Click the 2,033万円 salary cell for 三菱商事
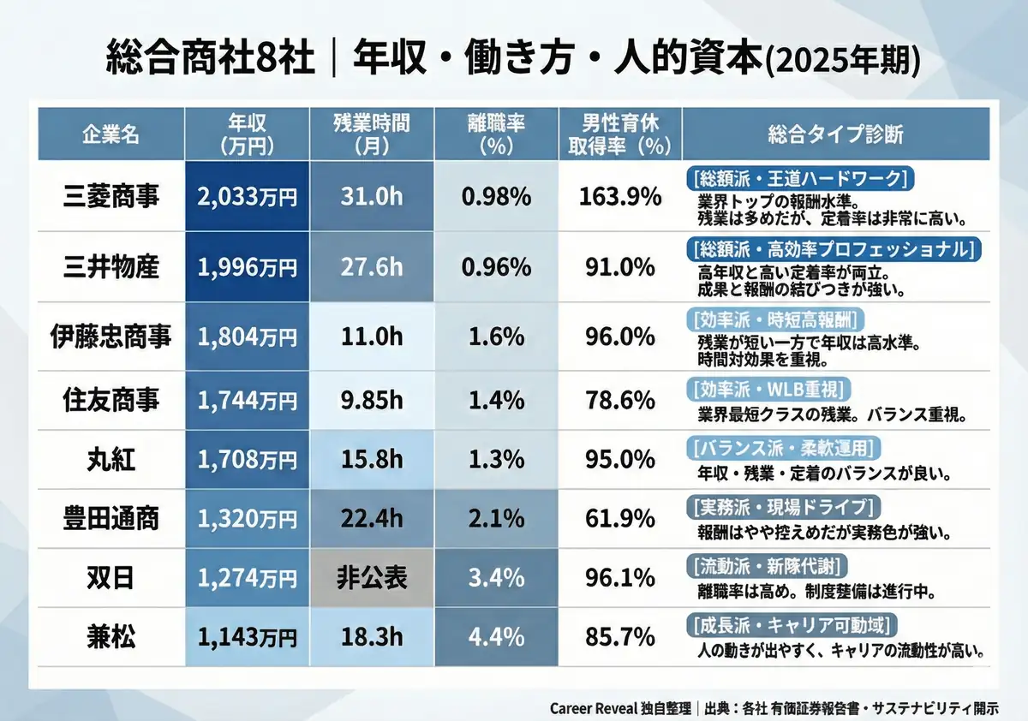point(247,196)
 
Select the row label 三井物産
point(111,267)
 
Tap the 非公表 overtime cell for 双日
point(371,578)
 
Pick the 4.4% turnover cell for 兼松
point(496,636)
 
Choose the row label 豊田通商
point(111,519)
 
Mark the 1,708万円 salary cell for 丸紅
point(247,459)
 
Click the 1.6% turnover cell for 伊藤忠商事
point(496,337)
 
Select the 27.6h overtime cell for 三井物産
point(371,267)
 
